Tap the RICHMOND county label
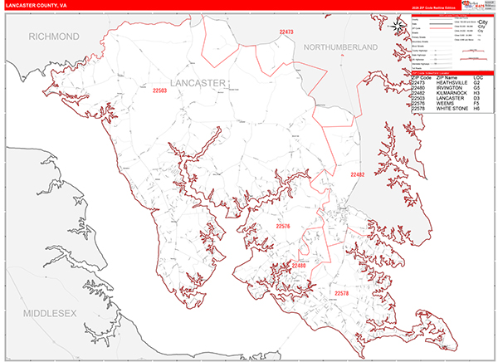pyautogui.click(x=54, y=37)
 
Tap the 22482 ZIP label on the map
pyautogui.click(x=358, y=175)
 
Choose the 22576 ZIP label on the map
pyautogui.click(x=283, y=226)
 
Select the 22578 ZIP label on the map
pyautogui.click(x=343, y=293)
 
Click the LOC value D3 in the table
pyautogui.click(x=477, y=100)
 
